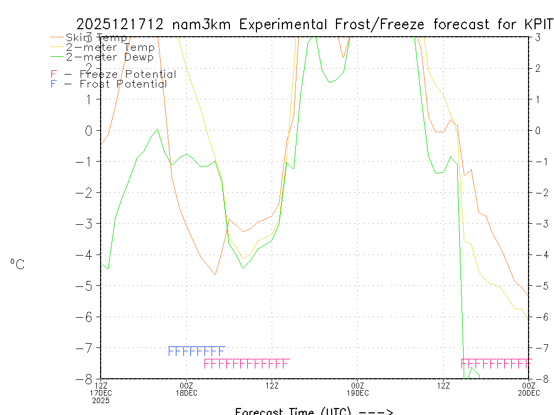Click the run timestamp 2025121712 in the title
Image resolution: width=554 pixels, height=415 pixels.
click(x=121, y=25)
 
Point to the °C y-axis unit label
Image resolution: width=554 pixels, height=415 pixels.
click(x=17, y=265)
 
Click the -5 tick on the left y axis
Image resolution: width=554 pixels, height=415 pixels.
click(x=89, y=285)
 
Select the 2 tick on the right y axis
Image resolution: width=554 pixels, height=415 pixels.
click(x=538, y=68)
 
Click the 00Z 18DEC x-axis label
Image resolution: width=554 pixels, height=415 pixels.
click(x=186, y=389)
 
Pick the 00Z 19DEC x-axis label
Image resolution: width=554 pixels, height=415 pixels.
click(x=357, y=389)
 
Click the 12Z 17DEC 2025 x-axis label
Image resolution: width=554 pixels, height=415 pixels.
click(x=101, y=393)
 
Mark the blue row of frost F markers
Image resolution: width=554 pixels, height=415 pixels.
click(x=196, y=352)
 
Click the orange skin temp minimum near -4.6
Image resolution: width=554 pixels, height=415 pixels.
click(x=215, y=275)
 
